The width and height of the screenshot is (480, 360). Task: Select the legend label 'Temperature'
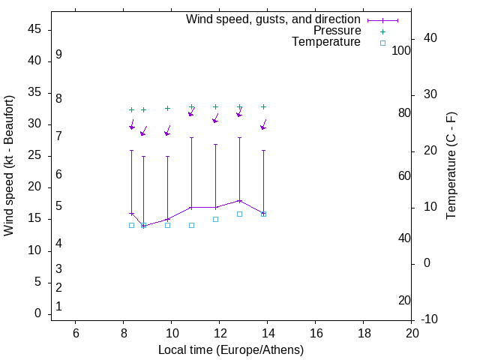(x=326, y=42)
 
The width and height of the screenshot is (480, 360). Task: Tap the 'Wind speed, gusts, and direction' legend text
(x=274, y=19)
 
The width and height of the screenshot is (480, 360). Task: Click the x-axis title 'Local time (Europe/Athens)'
(x=231, y=349)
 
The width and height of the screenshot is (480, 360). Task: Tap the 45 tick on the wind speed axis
(x=34, y=30)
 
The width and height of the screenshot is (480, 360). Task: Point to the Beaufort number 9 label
(x=58, y=55)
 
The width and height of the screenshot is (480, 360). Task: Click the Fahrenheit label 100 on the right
(x=402, y=50)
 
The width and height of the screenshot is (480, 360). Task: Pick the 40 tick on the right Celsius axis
(x=430, y=38)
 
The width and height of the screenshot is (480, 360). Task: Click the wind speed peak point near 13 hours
(x=239, y=200)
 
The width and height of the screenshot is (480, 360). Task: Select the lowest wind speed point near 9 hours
(x=143, y=226)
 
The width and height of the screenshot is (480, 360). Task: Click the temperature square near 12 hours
(x=215, y=219)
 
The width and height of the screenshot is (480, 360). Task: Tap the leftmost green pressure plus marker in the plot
(x=131, y=109)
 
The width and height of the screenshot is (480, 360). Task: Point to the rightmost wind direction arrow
(x=263, y=124)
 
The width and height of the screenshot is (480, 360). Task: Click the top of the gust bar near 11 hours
(x=191, y=138)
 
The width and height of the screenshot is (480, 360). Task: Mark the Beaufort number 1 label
(x=58, y=306)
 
